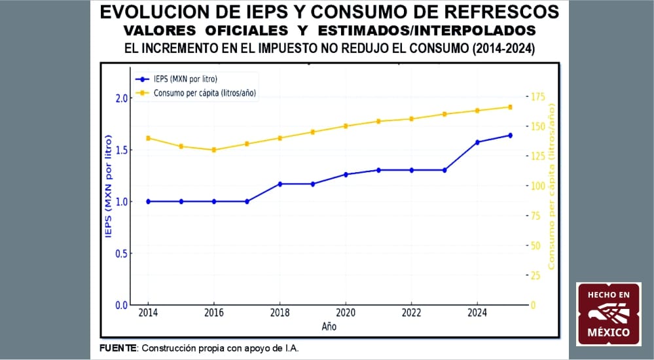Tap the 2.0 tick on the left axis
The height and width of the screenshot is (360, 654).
[x=121, y=98]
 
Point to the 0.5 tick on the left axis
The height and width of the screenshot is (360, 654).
[x=121, y=253]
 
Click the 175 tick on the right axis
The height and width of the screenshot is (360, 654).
[x=537, y=97]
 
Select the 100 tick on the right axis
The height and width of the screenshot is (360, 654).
[x=537, y=186]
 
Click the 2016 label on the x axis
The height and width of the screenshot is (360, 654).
[x=214, y=313]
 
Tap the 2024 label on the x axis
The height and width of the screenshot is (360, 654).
[x=477, y=313]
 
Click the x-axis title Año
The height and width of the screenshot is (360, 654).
[x=329, y=325]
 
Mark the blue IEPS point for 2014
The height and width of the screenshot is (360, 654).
[x=149, y=202]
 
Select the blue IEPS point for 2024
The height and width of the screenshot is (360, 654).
[x=477, y=142]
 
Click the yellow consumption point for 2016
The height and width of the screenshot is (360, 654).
[x=214, y=150]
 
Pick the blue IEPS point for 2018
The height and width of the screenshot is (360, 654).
[x=280, y=184]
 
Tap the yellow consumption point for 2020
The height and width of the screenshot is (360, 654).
[x=346, y=126]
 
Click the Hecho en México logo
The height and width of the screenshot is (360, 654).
[x=608, y=314]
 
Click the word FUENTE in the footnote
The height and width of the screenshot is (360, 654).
[x=118, y=347]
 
